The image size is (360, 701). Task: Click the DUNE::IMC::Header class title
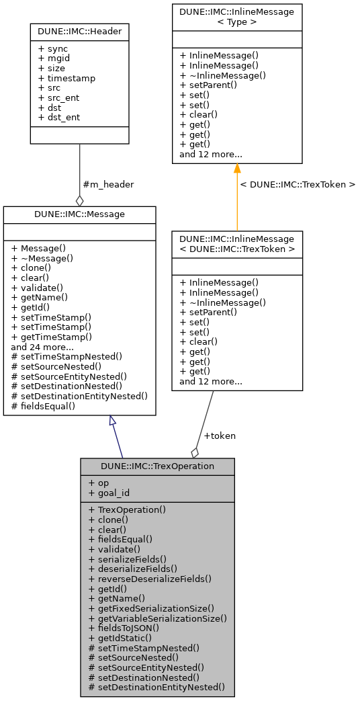79,32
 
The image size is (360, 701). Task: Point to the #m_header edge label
107,184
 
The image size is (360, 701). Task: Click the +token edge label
219,436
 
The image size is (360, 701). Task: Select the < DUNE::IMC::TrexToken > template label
298,184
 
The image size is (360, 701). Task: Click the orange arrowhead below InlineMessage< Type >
237,169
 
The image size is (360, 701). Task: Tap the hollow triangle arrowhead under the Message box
113,421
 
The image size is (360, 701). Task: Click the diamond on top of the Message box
79,200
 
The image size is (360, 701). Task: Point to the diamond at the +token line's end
195,452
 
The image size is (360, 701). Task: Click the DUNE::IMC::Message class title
79,214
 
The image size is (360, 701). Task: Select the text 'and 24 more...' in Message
43,347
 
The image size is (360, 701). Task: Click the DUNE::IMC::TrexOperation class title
157,466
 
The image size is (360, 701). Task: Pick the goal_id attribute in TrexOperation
108,493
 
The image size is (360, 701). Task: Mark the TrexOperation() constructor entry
127,509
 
